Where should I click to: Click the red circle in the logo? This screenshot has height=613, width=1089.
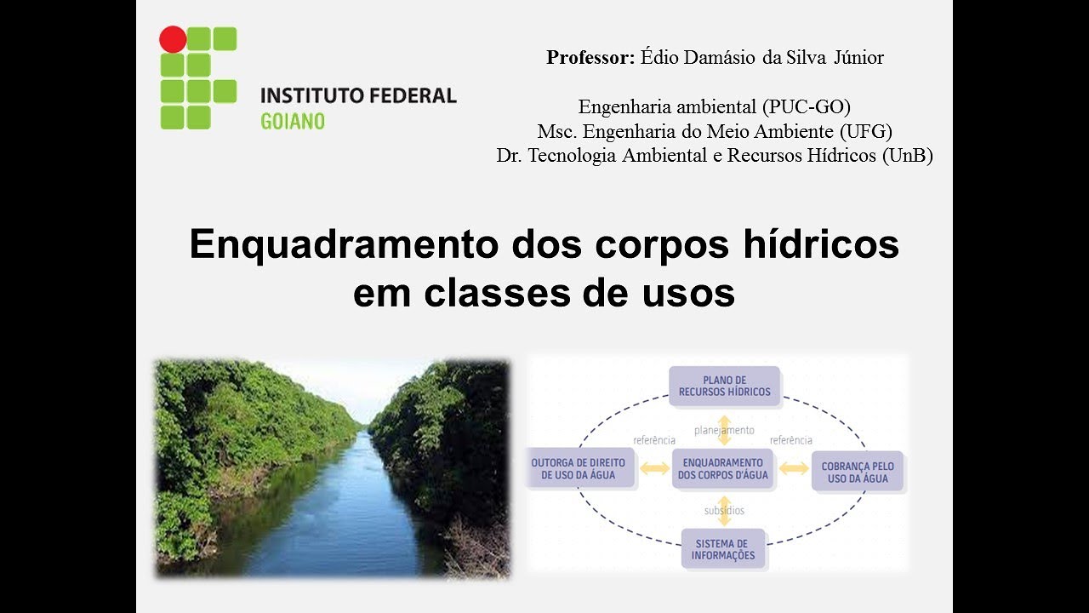[x=173, y=39]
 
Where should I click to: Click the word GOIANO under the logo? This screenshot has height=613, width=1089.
[x=293, y=121]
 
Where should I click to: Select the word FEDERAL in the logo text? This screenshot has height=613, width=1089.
[x=413, y=95]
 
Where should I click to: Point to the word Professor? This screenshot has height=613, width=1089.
[x=590, y=58]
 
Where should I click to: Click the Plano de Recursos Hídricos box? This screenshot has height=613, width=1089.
[x=724, y=386]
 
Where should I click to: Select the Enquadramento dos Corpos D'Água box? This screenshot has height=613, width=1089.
[x=722, y=469]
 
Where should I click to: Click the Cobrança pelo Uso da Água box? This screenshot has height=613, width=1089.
[x=858, y=473]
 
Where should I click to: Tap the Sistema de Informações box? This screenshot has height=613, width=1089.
[x=723, y=549]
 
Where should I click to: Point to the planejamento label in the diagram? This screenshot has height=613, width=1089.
[x=724, y=431]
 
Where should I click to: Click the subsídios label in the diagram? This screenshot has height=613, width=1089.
[x=724, y=511]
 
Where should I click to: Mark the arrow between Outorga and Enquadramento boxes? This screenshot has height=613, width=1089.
[x=654, y=468]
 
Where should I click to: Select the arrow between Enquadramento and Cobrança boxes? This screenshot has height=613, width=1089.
[x=794, y=468]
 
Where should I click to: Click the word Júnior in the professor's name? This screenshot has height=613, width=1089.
[x=858, y=58]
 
